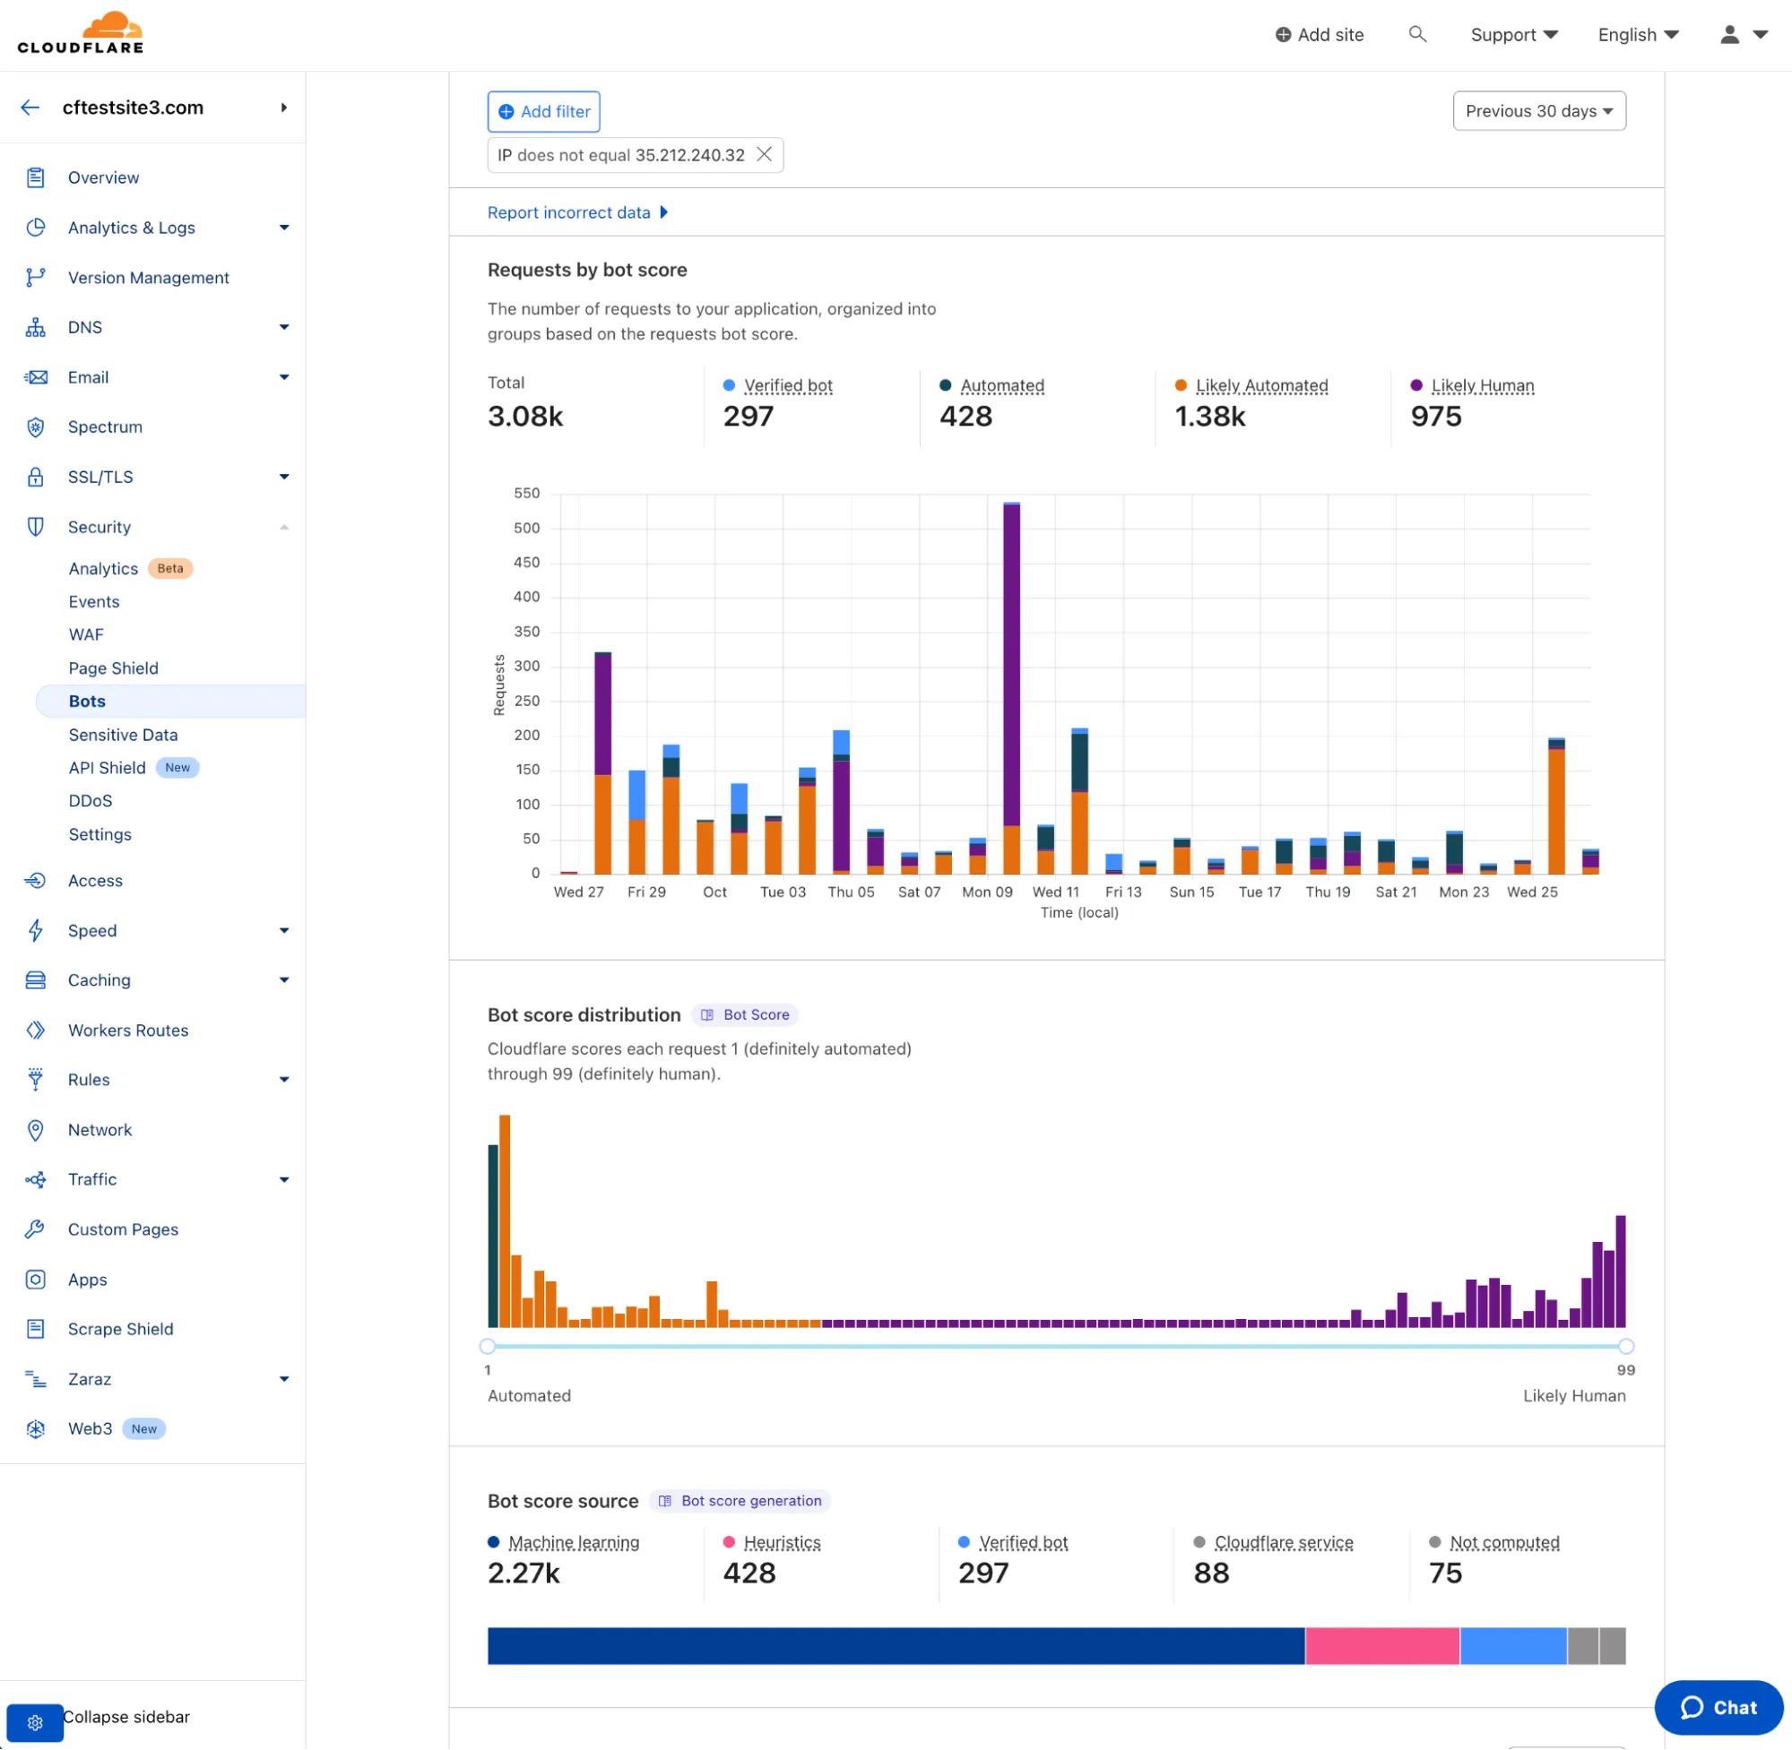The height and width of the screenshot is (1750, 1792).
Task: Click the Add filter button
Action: pos(543,111)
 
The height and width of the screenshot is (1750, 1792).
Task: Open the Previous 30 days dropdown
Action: pos(1538,111)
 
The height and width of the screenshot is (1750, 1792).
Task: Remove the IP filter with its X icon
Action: pos(764,154)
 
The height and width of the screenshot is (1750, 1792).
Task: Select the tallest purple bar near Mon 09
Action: pos(1011,662)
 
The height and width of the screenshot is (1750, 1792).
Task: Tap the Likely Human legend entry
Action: pos(1481,385)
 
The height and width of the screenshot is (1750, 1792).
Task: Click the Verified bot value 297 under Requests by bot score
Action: pos(748,417)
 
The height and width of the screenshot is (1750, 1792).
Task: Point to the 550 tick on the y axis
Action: pos(527,494)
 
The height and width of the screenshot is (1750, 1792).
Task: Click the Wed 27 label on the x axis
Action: pos(578,892)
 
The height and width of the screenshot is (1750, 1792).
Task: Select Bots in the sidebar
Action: pos(87,702)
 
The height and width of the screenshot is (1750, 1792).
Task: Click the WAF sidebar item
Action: pos(85,634)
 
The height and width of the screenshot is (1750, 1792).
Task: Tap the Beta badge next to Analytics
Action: pos(170,568)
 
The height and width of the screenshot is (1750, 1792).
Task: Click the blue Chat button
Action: pos(1718,1707)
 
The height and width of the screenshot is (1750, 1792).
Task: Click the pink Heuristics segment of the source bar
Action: pos(1381,1645)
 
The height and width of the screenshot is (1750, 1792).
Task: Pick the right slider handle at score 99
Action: pos(1625,1347)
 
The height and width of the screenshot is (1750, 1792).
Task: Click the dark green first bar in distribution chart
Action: pos(493,1237)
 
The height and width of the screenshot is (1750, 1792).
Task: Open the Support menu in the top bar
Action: pos(1513,35)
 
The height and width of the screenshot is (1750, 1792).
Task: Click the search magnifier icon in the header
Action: pos(1417,34)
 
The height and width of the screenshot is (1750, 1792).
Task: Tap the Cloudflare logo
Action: pos(81,33)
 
